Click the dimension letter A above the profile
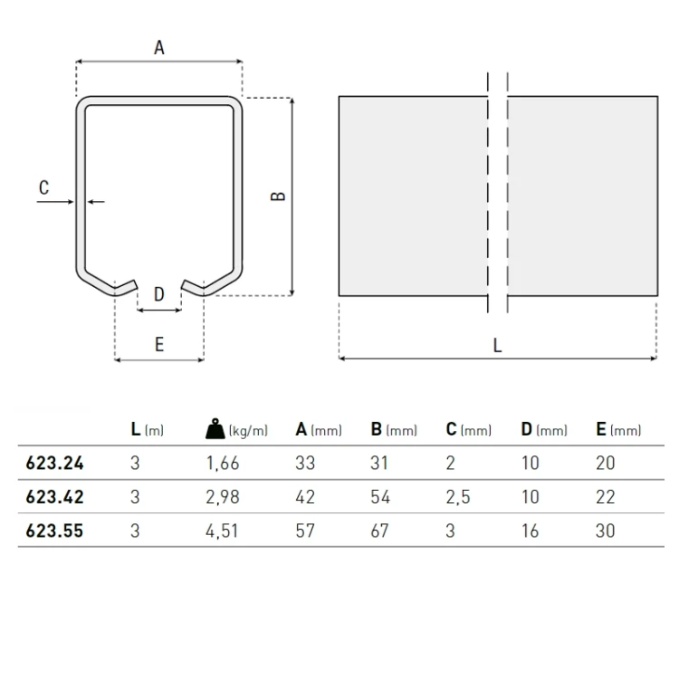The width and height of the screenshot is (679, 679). pos(159,48)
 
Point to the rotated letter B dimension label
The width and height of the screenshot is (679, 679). pos(278,196)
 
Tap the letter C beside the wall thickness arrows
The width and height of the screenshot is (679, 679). pos(43,187)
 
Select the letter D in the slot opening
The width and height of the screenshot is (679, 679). pos(159,294)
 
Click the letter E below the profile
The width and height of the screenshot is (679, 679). pos(159,345)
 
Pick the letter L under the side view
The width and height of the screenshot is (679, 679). pos(497,346)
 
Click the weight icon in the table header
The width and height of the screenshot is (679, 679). pos(215,429)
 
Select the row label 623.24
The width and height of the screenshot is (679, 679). pos(54,464)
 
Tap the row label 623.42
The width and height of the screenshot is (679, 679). pos(54,497)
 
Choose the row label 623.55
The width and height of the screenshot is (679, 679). pos(54,531)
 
